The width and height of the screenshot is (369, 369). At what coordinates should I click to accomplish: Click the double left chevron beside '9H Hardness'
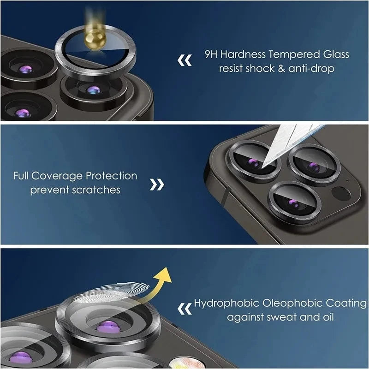click(185, 60)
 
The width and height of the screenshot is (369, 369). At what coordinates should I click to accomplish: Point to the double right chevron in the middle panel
click(157, 184)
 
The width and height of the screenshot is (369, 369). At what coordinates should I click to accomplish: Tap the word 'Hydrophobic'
click(227, 304)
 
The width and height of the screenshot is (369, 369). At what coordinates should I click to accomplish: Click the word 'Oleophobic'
click(287, 304)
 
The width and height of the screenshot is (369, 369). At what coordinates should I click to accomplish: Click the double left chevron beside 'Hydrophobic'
click(185, 308)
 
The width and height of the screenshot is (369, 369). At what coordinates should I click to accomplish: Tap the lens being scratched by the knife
click(254, 161)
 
